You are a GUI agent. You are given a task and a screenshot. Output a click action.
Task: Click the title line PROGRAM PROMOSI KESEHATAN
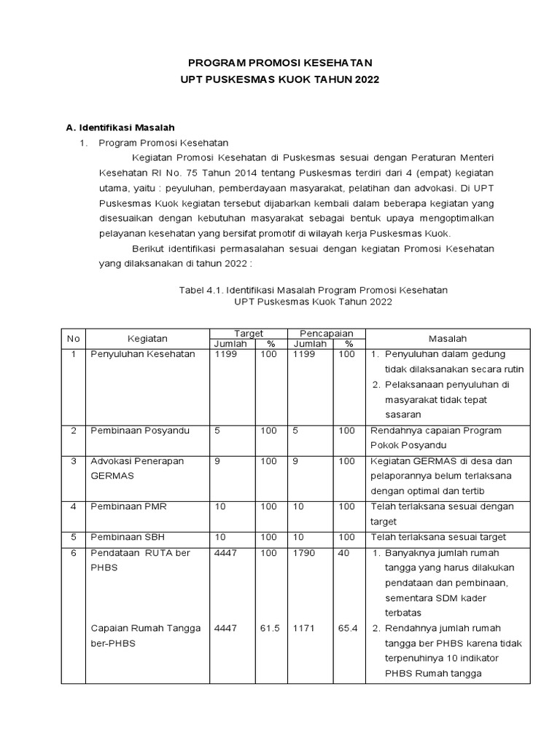pos(281,64)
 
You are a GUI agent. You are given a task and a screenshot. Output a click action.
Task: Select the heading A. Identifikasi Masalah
pos(120,127)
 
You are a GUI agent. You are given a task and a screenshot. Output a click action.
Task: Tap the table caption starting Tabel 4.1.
pos(313,290)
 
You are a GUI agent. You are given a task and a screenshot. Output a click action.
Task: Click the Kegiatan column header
pos(147,339)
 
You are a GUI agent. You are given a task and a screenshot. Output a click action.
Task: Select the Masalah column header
pos(448,339)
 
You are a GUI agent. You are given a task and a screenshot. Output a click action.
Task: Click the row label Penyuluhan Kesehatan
pos(142,354)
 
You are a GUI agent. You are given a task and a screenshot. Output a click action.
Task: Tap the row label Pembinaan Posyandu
pos(139,431)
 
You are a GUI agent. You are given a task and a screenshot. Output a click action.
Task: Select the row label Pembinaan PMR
pos(128,506)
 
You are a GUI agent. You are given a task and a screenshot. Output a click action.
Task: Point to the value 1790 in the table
pos(304,553)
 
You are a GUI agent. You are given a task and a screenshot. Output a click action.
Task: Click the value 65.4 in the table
pos(348,629)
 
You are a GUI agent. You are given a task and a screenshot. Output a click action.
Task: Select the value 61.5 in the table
pos(269,629)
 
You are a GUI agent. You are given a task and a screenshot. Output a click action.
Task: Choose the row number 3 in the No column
pos(74,461)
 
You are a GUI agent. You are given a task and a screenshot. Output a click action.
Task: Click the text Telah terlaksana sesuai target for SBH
pos(438,537)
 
